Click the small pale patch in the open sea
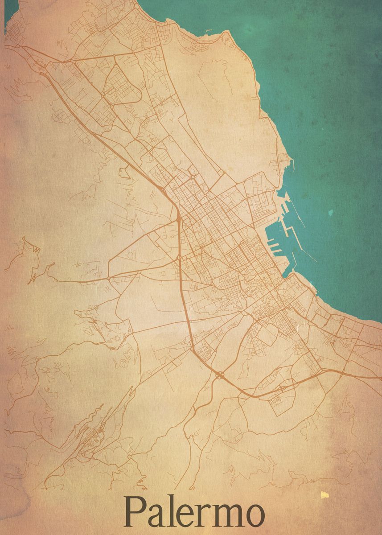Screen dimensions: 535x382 (330, 213)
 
